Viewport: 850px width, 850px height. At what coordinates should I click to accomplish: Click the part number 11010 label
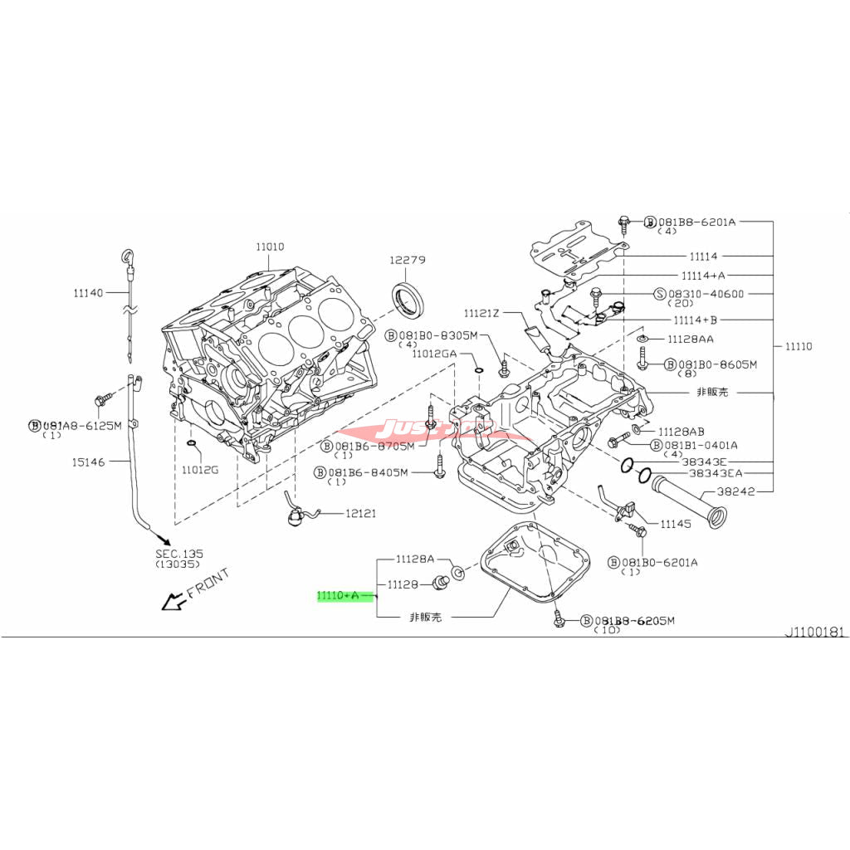pyautogui.click(x=269, y=247)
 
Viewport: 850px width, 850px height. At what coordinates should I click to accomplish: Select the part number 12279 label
pyautogui.click(x=408, y=260)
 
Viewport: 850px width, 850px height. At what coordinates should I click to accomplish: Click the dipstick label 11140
pyautogui.click(x=88, y=292)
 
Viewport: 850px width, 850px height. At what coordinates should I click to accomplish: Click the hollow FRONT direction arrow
pyautogui.click(x=173, y=600)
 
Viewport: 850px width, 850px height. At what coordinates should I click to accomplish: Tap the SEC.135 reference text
pyautogui.click(x=178, y=554)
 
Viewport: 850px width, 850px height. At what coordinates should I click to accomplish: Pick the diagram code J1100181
pyautogui.click(x=815, y=632)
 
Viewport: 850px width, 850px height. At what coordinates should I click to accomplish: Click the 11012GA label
pyautogui.click(x=435, y=353)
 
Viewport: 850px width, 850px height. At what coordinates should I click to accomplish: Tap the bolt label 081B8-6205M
pyautogui.click(x=635, y=620)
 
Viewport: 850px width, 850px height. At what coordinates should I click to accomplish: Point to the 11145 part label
pyautogui.click(x=676, y=524)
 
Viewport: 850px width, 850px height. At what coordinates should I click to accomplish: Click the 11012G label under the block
pyautogui.click(x=201, y=471)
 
